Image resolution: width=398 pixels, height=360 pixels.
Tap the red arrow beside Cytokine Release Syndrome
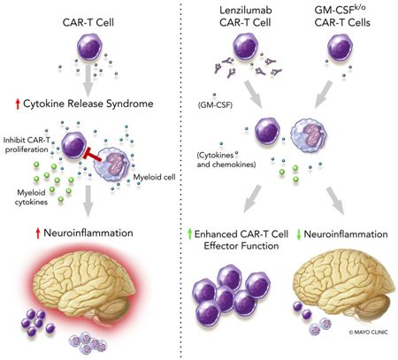18,104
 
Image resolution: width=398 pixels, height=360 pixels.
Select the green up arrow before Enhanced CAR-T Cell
190,234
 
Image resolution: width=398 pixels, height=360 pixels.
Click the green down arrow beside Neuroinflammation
298,234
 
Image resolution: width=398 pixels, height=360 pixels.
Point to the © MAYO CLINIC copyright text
369,333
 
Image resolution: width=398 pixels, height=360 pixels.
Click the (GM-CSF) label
216,104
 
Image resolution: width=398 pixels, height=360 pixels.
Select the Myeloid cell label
154,177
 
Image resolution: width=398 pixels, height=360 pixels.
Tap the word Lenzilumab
246,10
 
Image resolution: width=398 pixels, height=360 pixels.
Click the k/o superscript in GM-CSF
359,7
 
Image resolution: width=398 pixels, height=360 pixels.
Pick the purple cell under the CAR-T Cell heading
89,47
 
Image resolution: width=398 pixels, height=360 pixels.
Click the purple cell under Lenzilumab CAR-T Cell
246,46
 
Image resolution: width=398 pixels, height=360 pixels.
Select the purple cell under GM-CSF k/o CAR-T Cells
340,48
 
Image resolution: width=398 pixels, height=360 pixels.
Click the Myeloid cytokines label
31,197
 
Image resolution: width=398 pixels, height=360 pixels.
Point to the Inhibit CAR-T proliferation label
27,145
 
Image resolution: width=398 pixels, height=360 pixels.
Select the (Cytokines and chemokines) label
226,159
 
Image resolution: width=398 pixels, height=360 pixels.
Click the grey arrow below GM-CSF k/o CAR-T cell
324,95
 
